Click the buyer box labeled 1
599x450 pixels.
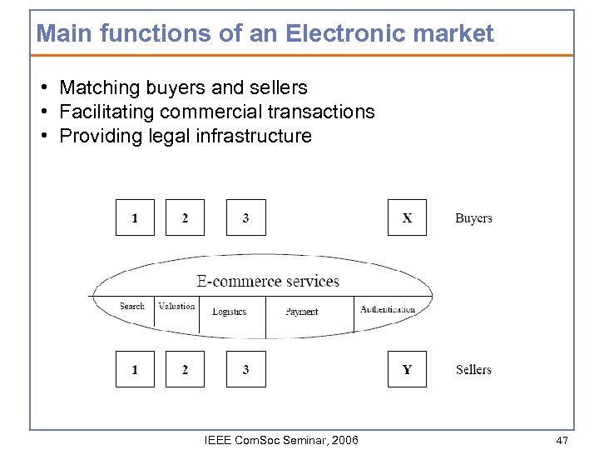pos(135,218)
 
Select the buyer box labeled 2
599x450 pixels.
pos(185,218)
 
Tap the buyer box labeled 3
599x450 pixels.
pos(246,218)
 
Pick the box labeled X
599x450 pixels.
pos(407,218)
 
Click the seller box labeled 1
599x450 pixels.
pos(135,369)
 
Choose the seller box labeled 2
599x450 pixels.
pos(185,369)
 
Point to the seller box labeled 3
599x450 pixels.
pos(246,369)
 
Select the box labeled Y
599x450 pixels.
pos(407,369)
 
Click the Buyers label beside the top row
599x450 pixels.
pos(473,218)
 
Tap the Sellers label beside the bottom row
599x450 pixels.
pos(473,369)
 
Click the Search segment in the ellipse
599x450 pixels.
pos(132,307)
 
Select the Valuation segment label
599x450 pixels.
pos(176,306)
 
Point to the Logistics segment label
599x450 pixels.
pos(230,312)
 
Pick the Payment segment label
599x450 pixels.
pos(302,312)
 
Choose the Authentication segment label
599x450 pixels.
pos(388,309)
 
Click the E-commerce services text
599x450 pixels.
pos(268,281)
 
